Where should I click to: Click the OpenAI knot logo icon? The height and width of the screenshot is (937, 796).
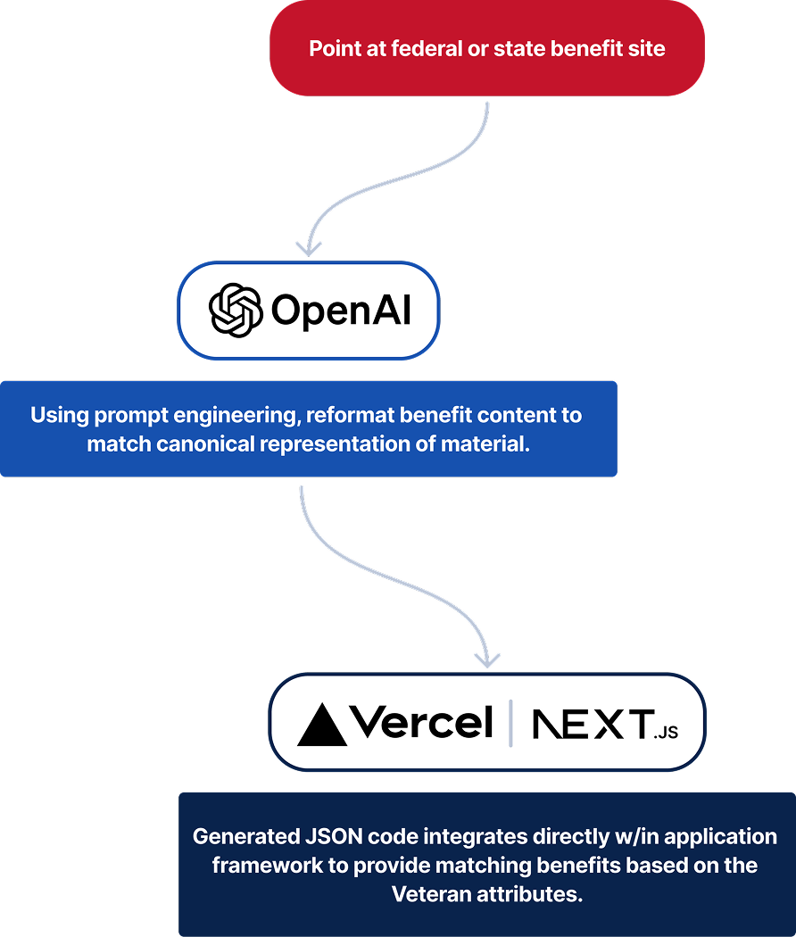(x=235, y=311)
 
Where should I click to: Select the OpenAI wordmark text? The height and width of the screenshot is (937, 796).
(x=340, y=311)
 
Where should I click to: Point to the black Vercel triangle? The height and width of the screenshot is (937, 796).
(x=321, y=725)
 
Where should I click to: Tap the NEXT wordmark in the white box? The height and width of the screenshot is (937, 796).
(x=590, y=725)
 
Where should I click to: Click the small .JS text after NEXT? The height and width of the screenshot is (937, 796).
(x=665, y=733)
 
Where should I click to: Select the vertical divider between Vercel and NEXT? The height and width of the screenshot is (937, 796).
(x=510, y=723)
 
